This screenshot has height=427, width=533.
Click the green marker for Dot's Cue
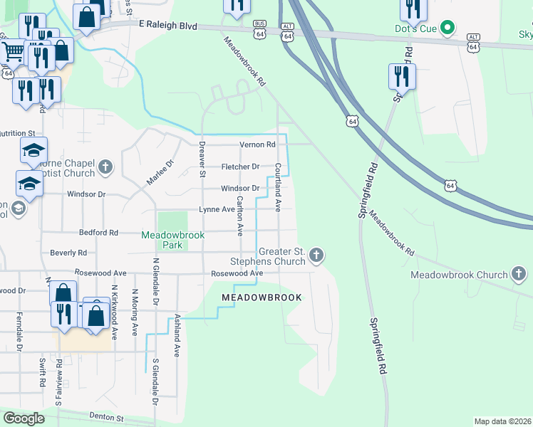pos(447,29)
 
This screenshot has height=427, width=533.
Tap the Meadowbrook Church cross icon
pos(519,274)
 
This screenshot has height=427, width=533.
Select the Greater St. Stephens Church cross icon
pos(317,255)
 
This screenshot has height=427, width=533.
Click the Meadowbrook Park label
pos(172,240)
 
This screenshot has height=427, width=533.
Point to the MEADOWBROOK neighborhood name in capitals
pos(262,297)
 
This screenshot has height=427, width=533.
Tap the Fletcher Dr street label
pos(240,167)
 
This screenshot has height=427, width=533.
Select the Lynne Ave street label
pos(217,209)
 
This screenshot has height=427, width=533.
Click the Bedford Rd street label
pos(98,233)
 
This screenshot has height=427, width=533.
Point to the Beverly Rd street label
pos(68,253)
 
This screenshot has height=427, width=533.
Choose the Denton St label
pos(107,417)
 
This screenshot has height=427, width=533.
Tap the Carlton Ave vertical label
pos(240,216)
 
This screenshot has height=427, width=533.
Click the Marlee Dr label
pos(160,172)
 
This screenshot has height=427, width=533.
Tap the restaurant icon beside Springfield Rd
pos(402,77)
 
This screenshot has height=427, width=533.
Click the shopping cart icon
pos(14,53)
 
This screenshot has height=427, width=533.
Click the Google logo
pos(24,418)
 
